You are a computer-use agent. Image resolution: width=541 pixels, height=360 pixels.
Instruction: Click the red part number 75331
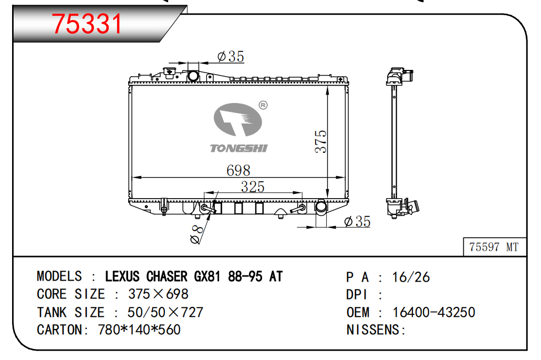coord(87,24)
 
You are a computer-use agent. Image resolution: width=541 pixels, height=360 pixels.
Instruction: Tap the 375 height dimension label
coord(320,141)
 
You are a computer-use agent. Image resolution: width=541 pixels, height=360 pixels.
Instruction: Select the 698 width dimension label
coord(238,170)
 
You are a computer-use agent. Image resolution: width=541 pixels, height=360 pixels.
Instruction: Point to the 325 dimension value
coord(253,187)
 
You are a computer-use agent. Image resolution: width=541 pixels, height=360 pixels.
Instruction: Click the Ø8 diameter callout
coord(196,234)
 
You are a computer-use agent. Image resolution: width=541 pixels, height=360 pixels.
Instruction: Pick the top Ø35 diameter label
coord(231,56)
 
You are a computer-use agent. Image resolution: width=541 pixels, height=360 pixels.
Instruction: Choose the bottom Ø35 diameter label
coord(358,221)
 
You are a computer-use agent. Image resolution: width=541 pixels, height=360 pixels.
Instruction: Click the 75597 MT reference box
coord(494,247)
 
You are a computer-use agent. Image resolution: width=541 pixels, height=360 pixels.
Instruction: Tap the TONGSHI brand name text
coord(239,148)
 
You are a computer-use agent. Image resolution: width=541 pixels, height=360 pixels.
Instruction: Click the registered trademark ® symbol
coord(263,105)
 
